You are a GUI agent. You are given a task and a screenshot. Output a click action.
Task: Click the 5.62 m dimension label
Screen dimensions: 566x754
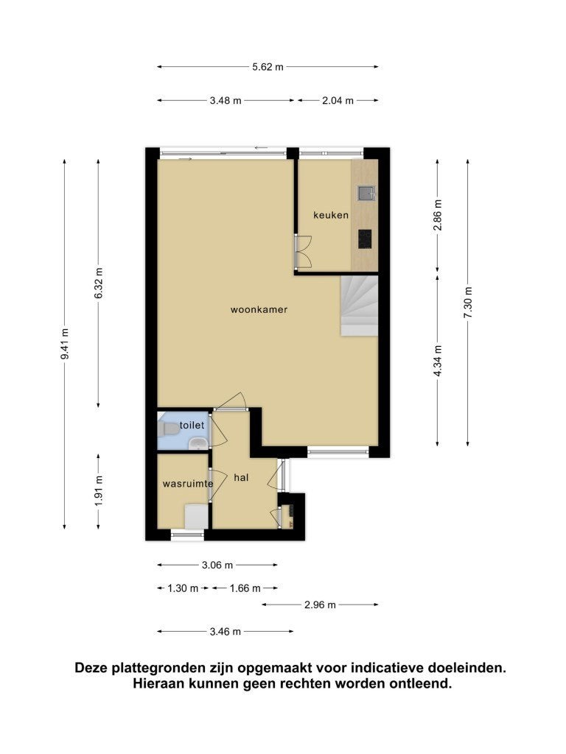[x=268, y=67]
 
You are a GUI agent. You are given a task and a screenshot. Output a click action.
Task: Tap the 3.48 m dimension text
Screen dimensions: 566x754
[x=226, y=101]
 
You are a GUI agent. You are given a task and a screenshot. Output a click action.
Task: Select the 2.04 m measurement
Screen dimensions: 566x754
[x=338, y=101]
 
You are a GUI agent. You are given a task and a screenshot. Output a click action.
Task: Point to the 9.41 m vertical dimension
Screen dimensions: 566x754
[x=65, y=344]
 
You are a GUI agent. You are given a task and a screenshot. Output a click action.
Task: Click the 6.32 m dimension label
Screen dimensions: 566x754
[x=99, y=283]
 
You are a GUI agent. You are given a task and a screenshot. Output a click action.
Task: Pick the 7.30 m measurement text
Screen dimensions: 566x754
[x=468, y=302]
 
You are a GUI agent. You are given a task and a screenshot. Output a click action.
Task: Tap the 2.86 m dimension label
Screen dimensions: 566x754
[x=438, y=215]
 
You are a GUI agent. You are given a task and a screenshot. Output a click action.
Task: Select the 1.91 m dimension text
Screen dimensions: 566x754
[x=99, y=490]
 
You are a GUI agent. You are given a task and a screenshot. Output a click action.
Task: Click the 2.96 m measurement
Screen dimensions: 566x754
[x=320, y=605]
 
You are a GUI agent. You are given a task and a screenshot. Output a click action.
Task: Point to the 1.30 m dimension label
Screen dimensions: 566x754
[x=183, y=588]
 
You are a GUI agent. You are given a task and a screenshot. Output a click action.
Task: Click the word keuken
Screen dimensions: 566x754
[x=331, y=215]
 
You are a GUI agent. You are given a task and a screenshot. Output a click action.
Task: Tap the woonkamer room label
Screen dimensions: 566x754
[x=259, y=310]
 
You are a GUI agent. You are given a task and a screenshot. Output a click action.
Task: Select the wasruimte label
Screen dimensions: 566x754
[x=188, y=484]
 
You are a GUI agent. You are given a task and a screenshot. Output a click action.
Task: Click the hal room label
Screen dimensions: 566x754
[x=241, y=477]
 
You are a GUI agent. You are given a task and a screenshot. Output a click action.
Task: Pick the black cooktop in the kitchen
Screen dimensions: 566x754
[x=365, y=239]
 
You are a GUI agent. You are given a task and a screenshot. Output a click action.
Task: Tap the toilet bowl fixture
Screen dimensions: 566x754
[x=168, y=429]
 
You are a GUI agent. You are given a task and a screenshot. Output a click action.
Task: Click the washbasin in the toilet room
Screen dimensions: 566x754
[x=198, y=443]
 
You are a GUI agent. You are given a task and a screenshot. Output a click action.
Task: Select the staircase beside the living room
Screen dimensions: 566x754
[x=360, y=306]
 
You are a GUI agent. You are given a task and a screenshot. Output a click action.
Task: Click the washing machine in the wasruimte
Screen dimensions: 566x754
[x=196, y=516]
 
